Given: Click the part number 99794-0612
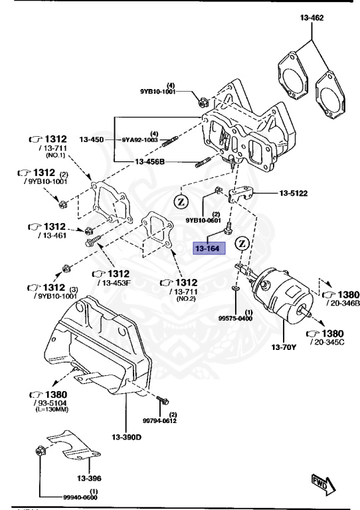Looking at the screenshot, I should pos(159,420).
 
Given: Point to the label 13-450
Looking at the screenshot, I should pos(92,140).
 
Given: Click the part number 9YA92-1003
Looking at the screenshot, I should pos(139,140).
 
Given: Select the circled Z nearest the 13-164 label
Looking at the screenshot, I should pos(242,243).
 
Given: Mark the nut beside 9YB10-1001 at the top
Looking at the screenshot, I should pos(204,102).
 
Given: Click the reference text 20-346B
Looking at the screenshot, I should pos(341,303).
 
